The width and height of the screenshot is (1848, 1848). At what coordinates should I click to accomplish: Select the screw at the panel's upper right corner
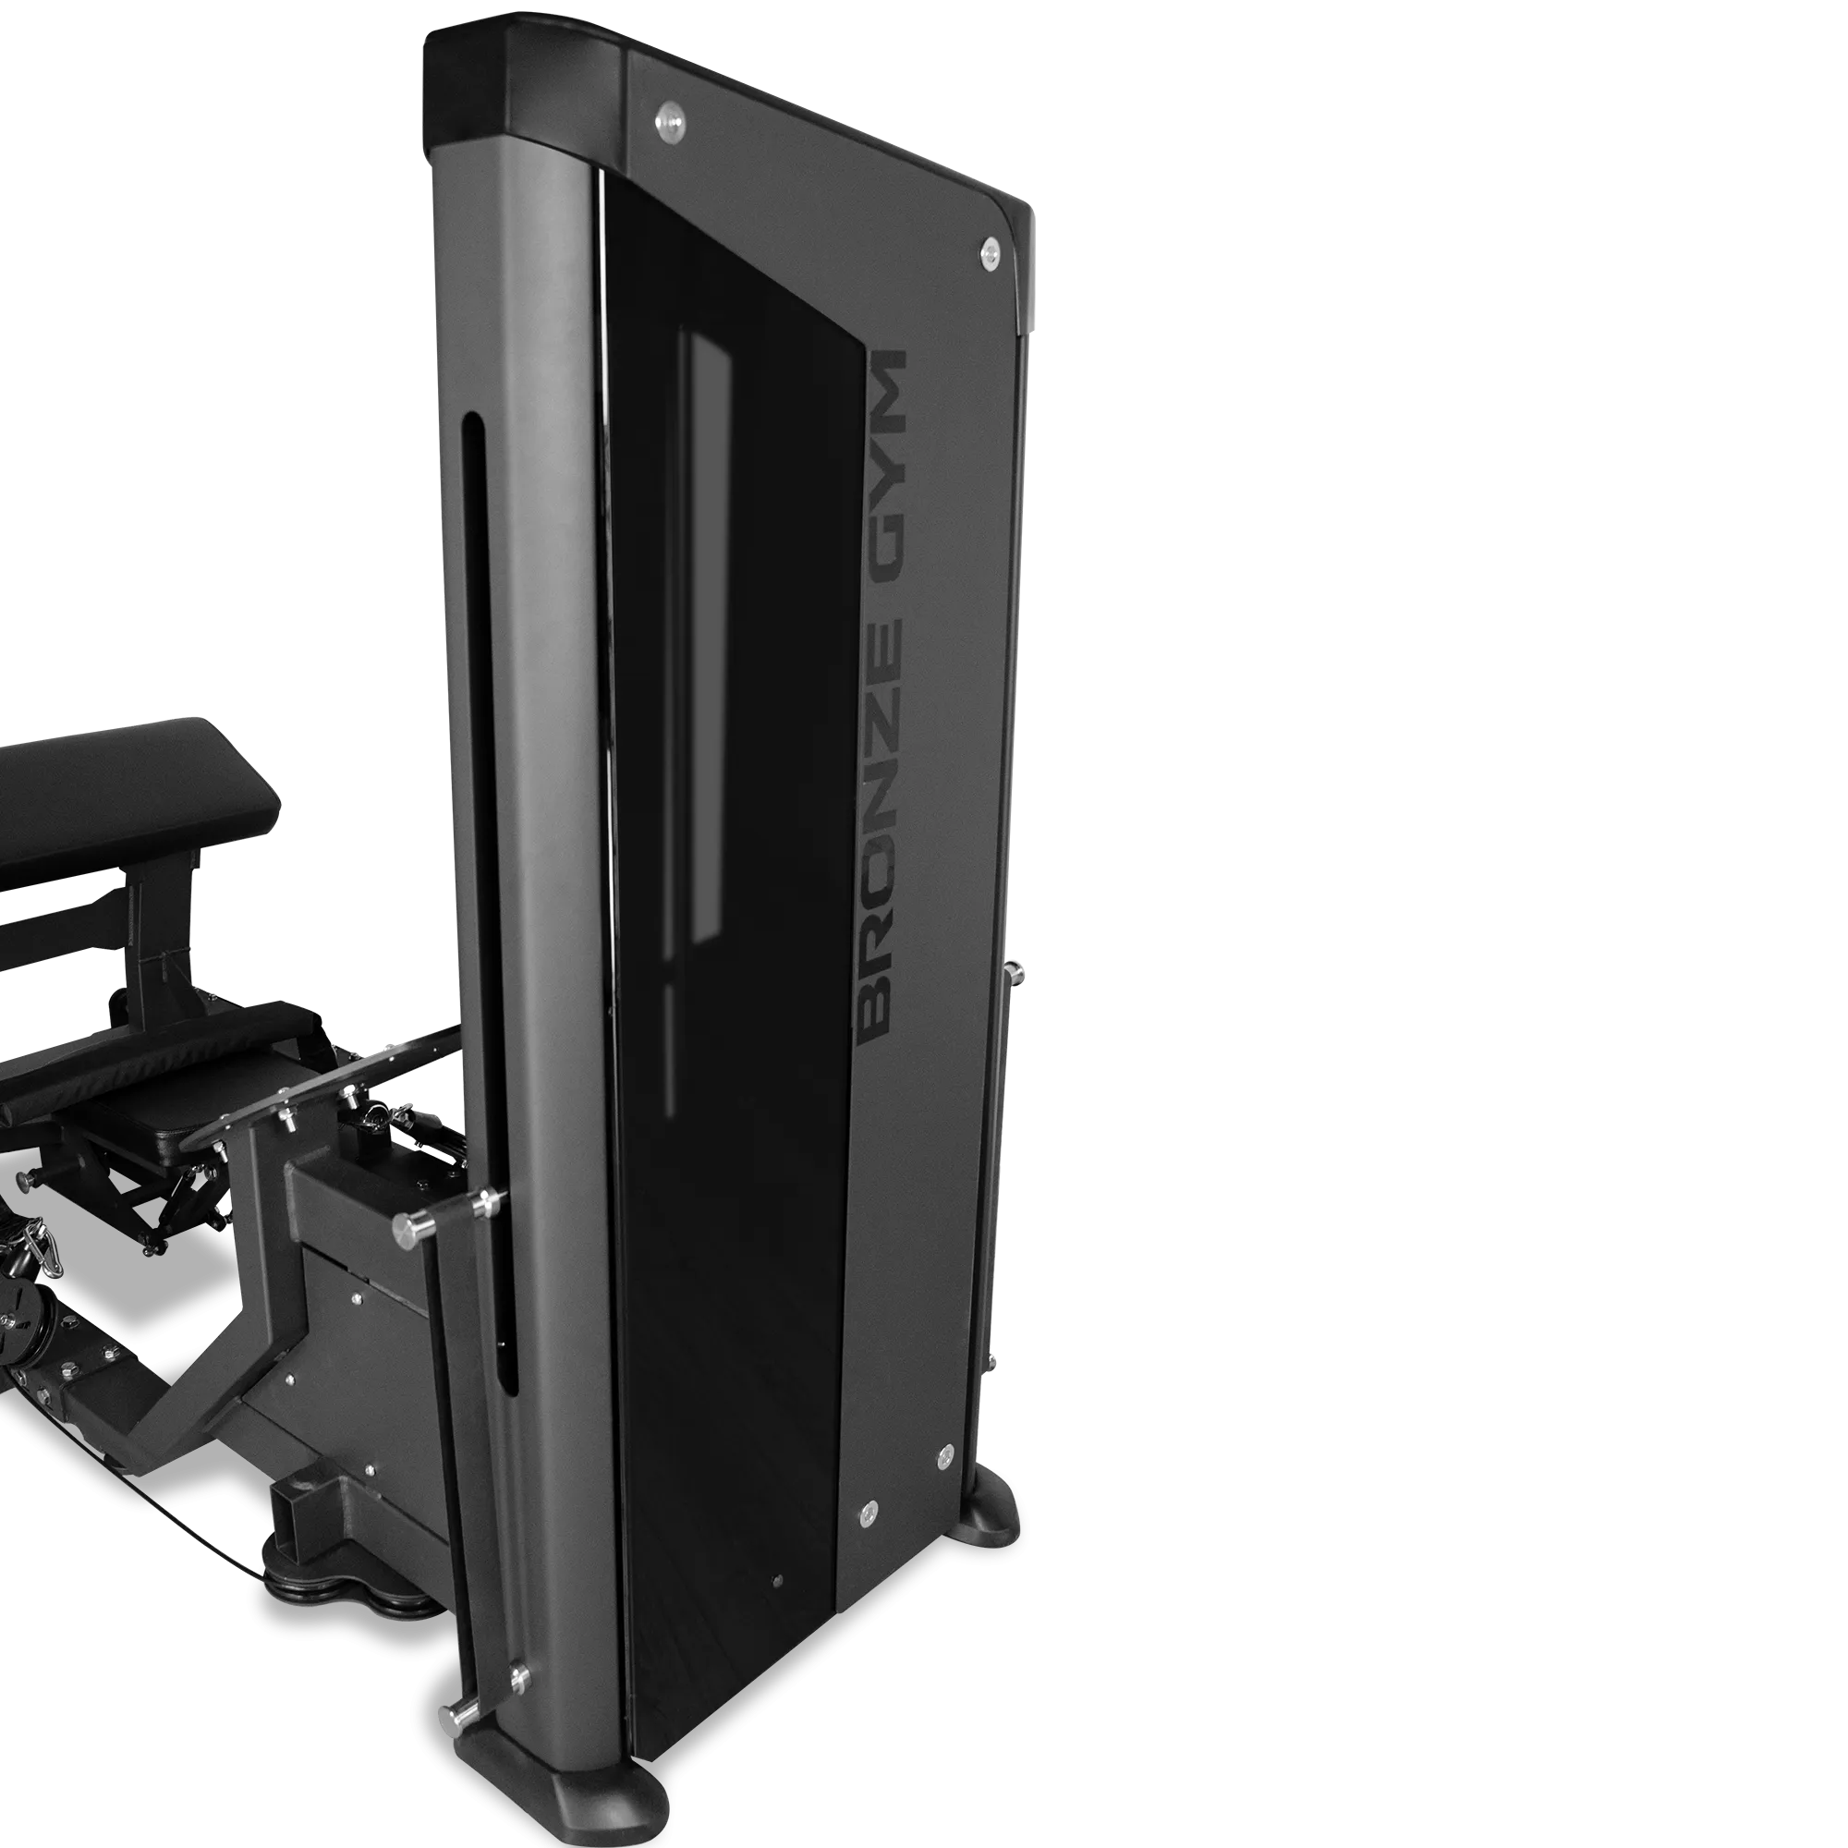[991, 252]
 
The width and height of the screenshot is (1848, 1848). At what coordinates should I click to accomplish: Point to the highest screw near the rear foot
[944, 1452]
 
